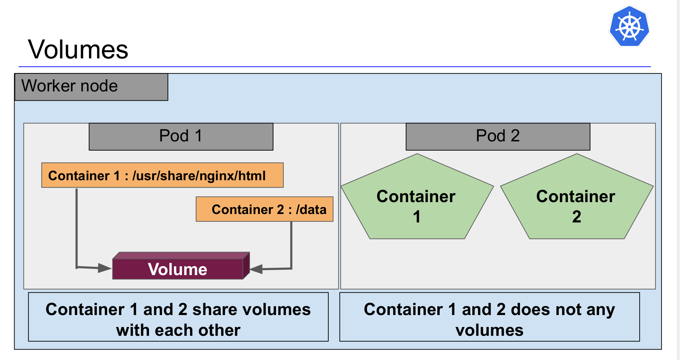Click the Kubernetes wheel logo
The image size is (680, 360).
629,27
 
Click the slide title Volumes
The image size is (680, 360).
78,50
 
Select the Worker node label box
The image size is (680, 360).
91,87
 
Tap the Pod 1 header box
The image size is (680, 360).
181,136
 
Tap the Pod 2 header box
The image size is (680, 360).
498,136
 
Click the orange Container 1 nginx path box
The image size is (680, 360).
162,175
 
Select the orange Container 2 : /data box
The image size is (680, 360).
264,209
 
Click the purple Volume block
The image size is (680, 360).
178,269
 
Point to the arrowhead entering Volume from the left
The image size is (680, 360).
105,268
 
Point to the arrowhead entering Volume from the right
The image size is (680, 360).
256,269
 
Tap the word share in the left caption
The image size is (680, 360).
213,310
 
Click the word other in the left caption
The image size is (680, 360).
219,330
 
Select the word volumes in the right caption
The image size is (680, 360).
489,330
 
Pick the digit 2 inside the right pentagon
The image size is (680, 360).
576,217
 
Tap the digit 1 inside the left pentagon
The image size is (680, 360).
417,217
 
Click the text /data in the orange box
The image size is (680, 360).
311,210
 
